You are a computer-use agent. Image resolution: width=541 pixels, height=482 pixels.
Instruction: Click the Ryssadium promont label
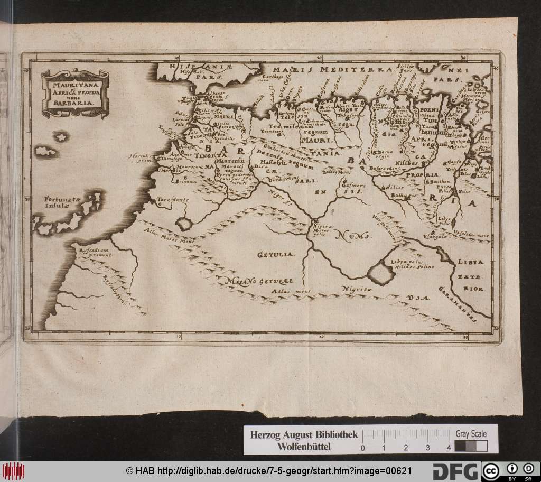[x=93, y=252]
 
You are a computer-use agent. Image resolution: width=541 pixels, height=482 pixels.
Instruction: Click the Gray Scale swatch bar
[x=470, y=446]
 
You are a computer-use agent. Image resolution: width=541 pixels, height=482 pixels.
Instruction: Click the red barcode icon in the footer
[x=13, y=470]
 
